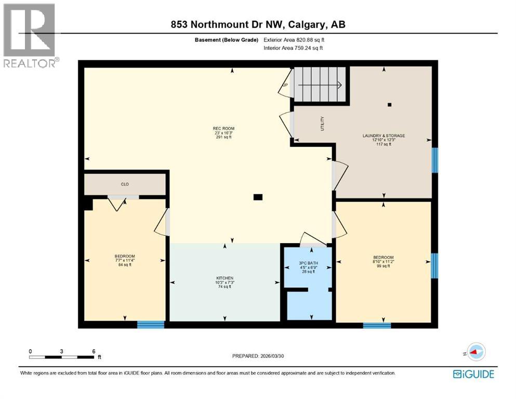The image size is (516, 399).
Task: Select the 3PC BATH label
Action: (308, 263)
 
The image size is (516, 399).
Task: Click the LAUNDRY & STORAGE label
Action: (383, 136)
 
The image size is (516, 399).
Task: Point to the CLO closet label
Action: (125, 184)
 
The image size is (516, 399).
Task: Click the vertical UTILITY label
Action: (323, 123)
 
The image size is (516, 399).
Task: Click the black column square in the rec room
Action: (258, 197)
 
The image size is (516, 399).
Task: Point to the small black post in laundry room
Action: (389, 105)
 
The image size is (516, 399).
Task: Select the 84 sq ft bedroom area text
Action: (125, 264)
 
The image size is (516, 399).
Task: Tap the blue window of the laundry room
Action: (435, 159)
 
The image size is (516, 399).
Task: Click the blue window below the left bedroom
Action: (151, 325)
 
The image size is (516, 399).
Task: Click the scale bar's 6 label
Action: (93, 352)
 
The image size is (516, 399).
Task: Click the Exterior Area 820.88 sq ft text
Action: (296, 39)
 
